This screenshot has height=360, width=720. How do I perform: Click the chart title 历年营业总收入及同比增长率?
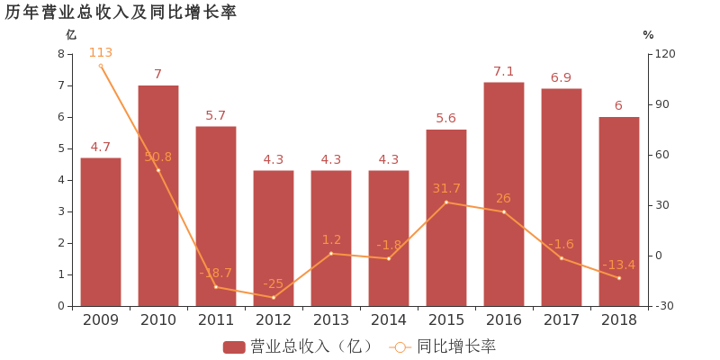pos(121,13)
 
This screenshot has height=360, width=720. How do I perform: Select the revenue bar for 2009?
pos(101,231)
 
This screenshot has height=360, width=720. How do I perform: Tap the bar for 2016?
pos(504,193)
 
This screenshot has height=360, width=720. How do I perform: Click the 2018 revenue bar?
pos(619,211)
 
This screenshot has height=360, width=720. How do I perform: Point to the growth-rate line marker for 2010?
pos(158,170)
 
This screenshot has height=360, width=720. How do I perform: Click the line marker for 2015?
pos(446,202)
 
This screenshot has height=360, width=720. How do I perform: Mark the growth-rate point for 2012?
pos(274,297)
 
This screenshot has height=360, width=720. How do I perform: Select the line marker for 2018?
pos(619,278)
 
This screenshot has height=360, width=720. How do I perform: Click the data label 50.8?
pos(158,157)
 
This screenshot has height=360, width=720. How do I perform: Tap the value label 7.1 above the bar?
pos(504,71)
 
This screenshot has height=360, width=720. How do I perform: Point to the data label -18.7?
pos(216,273)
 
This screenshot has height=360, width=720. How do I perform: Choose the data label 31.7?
pos(446,188)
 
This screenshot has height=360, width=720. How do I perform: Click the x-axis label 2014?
pos(389,319)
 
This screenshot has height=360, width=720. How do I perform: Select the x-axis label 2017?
pos(562,319)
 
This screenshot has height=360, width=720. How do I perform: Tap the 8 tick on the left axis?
pos(61,54)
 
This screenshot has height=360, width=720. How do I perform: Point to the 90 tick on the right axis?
pos(664,104)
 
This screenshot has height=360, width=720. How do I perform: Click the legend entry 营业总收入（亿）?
pos(300,346)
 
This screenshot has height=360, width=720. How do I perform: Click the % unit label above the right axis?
pos(648,34)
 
